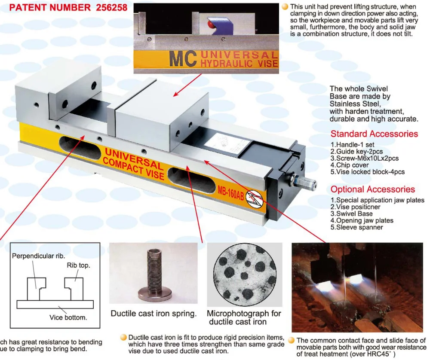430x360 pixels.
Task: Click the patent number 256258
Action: click(x=109, y=7)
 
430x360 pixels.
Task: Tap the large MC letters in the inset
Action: click(x=183, y=59)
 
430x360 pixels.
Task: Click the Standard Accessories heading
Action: click(x=374, y=134)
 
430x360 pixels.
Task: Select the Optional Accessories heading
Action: click(x=372, y=189)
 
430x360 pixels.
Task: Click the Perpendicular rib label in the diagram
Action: click(x=38, y=256)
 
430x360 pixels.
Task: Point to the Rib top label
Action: click(x=78, y=265)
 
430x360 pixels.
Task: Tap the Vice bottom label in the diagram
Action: click(x=68, y=317)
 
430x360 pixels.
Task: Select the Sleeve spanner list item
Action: click(x=356, y=227)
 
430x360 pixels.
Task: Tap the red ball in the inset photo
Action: click(x=211, y=25)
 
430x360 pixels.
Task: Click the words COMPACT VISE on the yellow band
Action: click(x=133, y=168)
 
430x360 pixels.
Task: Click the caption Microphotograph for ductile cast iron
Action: click(x=244, y=317)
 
